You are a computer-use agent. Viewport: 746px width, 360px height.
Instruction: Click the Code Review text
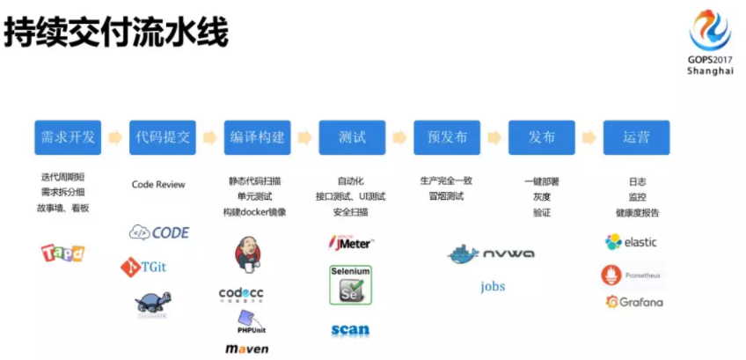pos(158,185)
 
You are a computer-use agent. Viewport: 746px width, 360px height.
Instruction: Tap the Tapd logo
pos(62,253)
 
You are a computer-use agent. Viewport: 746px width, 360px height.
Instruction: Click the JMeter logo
pos(350,241)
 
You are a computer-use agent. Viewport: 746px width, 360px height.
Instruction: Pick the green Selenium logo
pos(350,285)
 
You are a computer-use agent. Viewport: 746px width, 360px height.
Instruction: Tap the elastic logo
pos(632,242)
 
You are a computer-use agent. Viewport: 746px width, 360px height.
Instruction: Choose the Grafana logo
pos(634,302)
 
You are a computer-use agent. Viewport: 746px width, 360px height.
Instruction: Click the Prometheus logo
pos(633,275)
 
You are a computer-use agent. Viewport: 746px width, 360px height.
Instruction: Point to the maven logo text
pos(246,349)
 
